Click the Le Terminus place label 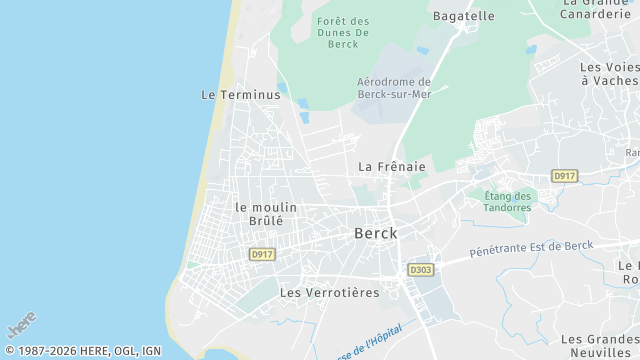[x=240, y=95]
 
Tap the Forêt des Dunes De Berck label [x=343, y=33]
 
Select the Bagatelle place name [x=463, y=16]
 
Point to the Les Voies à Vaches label [x=609, y=73]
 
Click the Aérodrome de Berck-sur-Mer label [x=393, y=88]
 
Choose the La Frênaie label [x=392, y=167]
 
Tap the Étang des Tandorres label [x=509, y=201]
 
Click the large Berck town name [x=376, y=233]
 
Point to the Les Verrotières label [x=330, y=293]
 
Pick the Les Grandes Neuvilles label [x=599, y=346]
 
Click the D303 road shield [x=420, y=270]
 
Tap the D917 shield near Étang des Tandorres [x=565, y=176]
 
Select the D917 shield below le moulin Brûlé [x=262, y=255]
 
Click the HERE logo [x=21, y=326]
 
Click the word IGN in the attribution [x=151, y=351]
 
